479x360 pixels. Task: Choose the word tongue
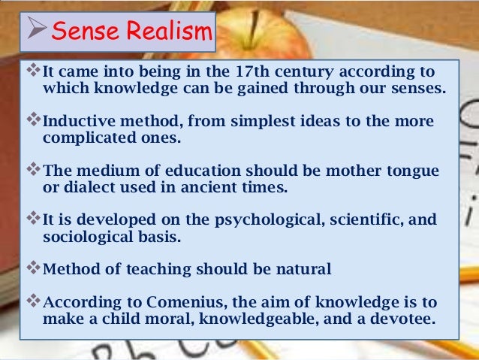pyautogui.click(x=412, y=171)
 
